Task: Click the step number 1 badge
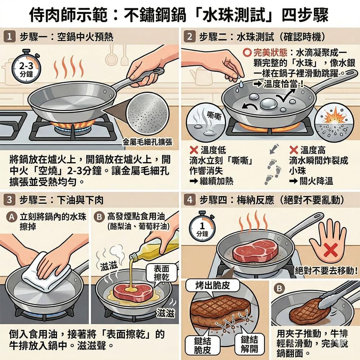(10, 37)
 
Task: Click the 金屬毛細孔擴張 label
(147, 142)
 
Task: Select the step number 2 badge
(189, 37)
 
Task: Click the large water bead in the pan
(268, 104)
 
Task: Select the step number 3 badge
(10, 199)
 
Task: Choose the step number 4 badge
(189, 199)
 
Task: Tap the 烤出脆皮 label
(213, 285)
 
